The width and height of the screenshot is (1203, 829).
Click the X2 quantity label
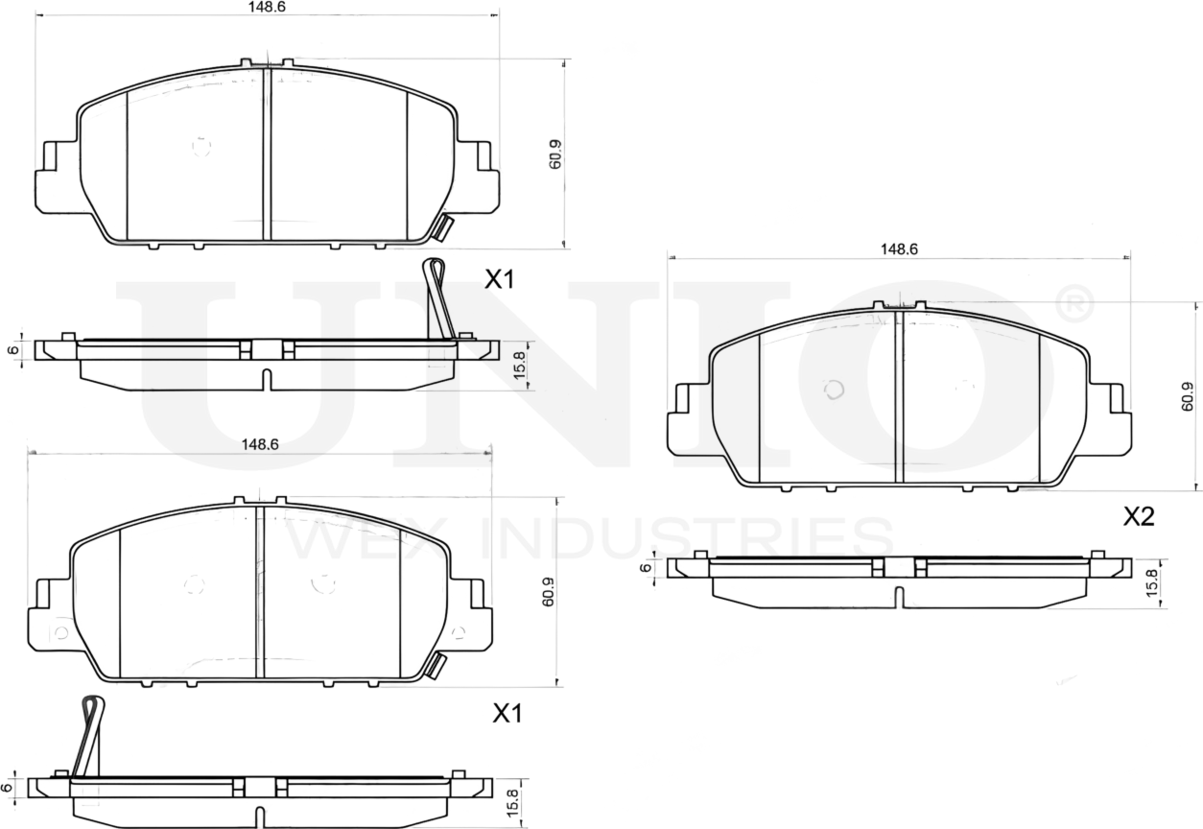(1139, 517)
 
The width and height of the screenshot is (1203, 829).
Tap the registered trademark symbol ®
(1074, 302)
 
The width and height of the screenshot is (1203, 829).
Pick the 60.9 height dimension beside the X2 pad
(1188, 396)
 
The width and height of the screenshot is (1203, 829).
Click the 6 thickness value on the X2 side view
(647, 567)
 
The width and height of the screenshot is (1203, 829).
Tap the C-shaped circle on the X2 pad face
(835, 390)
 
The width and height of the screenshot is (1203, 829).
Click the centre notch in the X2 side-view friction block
(898, 597)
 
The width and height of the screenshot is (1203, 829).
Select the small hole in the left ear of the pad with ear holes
(60, 632)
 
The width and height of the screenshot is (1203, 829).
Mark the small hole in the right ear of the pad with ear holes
(458, 632)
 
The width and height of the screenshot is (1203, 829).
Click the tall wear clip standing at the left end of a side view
(88, 737)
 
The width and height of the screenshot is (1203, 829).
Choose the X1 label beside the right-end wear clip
(499, 280)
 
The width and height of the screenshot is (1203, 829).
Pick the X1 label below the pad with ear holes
(507, 714)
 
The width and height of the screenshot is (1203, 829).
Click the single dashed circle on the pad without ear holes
(200, 146)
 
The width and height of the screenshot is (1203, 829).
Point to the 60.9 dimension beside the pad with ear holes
(548, 592)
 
